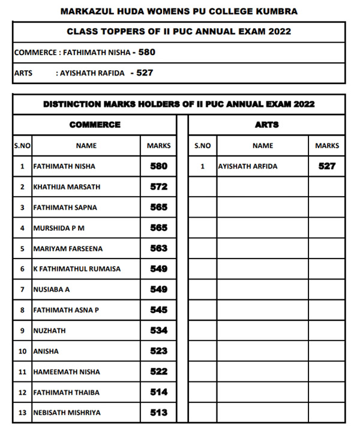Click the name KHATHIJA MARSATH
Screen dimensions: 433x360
tap(67, 187)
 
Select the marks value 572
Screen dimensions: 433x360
tap(158, 187)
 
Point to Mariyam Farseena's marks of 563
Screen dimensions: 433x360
tap(158, 248)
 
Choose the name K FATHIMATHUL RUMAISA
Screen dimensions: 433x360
tap(76, 269)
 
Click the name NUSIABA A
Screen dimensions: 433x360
tap(51, 290)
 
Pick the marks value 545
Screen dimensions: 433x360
tap(158, 310)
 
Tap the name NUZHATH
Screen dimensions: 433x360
tap(49, 330)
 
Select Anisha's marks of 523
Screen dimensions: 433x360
tap(158, 351)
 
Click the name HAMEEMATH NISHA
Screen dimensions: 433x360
tap(67, 372)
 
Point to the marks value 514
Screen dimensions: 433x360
tap(158, 392)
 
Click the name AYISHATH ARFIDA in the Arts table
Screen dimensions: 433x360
tap(248, 166)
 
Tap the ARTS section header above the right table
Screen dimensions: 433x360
tap(266, 125)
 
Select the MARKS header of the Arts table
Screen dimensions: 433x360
tap(327, 146)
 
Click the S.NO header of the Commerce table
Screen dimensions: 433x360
tap(22, 146)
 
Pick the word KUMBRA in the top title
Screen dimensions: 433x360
tap(275, 11)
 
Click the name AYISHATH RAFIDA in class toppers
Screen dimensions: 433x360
tap(90, 73)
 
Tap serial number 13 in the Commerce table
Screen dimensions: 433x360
tap(22, 413)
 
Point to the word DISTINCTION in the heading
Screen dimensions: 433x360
tap(72, 104)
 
